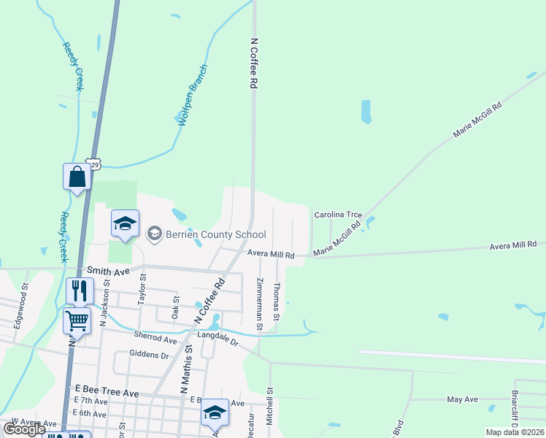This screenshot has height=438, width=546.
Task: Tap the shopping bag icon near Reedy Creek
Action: pyautogui.click(x=77, y=177)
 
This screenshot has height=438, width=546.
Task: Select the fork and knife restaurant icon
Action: pyautogui.click(x=80, y=291)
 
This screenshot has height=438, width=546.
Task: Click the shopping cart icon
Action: pyautogui.click(x=77, y=320)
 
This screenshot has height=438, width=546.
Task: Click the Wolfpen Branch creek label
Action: pyautogui.click(x=193, y=95)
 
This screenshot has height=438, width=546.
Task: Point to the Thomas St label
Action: pyautogui.click(x=277, y=301)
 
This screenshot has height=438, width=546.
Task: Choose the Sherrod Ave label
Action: pyautogui.click(x=155, y=339)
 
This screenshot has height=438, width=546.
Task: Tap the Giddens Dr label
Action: pyautogui.click(x=149, y=355)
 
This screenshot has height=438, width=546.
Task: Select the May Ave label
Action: pyautogui.click(x=461, y=399)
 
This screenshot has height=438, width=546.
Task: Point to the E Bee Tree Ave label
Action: pyautogui.click(x=102, y=393)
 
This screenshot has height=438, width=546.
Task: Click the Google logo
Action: pyautogui.click(x=24, y=429)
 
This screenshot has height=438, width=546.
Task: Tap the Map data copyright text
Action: pyautogui.click(x=515, y=432)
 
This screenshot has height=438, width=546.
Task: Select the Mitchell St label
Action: pyautogui.click(x=270, y=406)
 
